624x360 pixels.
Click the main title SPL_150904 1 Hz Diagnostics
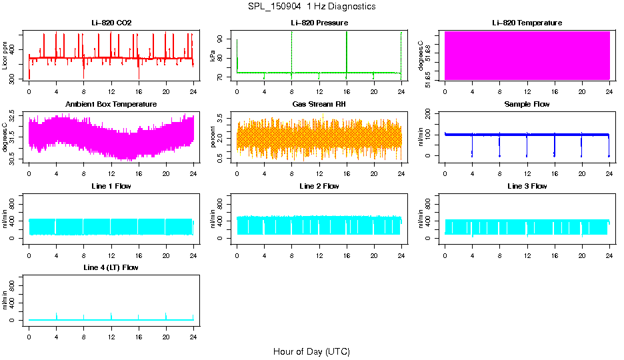tap(311, 7)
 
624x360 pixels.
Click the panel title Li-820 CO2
tap(111, 23)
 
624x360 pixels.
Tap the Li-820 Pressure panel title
tap(319, 23)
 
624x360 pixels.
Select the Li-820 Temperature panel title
tap(527, 23)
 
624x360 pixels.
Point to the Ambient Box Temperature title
tap(111, 105)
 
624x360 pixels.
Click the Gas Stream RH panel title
tap(319, 105)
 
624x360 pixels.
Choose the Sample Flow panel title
tap(527, 105)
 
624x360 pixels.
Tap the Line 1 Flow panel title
tap(111, 186)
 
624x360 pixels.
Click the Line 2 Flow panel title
tap(319, 186)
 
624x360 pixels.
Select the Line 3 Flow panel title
tap(527, 186)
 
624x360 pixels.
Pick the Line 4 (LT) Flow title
tap(111, 267)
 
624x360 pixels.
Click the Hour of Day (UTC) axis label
tap(311, 351)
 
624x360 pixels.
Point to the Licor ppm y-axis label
tap(5, 56)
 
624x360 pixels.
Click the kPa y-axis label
tap(213, 56)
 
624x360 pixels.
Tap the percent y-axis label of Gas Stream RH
tap(213, 137)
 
